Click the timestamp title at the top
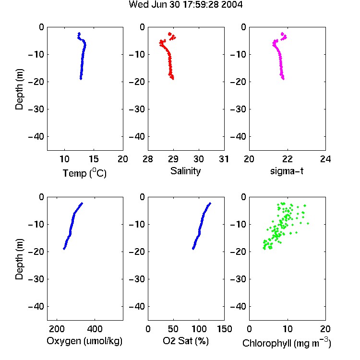click(x=185, y=5)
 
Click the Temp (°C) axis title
click(x=84, y=173)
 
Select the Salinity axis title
click(x=185, y=171)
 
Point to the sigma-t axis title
click(x=287, y=171)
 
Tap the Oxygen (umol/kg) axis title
click(x=84, y=341)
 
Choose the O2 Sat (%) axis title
click(x=186, y=341)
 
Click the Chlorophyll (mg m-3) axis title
click(x=287, y=343)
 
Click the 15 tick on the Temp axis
click(x=94, y=159)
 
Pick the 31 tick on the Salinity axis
click(x=224, y=159)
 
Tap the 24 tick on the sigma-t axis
click(x=325, y=159)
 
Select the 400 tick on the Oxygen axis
click(x=95, y=329)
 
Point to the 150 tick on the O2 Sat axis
click(x=224, y=329)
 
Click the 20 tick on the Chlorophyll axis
click(x=325, y=329)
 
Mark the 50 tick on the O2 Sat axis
click(x=173, y=329)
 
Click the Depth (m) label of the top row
click(x=19, y=89)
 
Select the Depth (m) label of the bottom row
click(x=19, y=259)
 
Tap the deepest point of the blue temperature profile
click(x=81, y=79)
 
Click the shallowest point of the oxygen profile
click(x=82, y=204)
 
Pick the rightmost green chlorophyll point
click(x=308, y=223)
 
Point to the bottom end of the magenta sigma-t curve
click(x=283, y=79)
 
